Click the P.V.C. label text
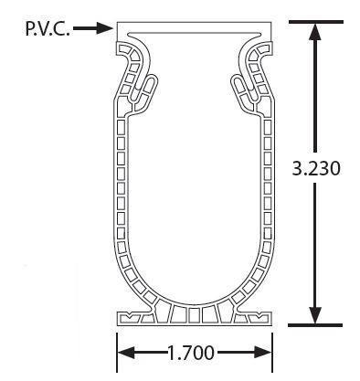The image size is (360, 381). coord(48,29)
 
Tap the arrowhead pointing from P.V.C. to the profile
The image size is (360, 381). coord(105,28)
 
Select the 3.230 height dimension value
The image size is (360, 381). coord(316,168)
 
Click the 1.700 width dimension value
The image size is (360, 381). coord(191,354)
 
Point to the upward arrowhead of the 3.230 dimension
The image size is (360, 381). coord(315,32)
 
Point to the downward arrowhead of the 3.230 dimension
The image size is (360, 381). coord(315,315)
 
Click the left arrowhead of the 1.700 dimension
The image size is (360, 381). coord(126,353)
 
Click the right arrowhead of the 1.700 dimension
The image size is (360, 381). coord(262,353)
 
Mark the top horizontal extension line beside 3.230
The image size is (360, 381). coord(316,22)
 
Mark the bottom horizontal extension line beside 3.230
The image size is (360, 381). coord(315,325)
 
